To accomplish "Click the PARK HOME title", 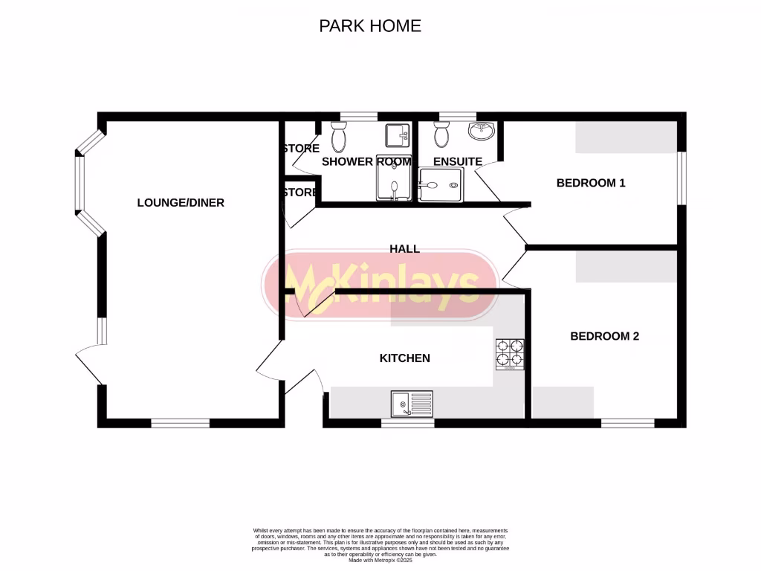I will (x=370, y=26).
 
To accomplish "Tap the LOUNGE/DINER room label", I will (x=181, y=202).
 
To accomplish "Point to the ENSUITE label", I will (x=458, y=161).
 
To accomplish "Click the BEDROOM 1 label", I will (x=591, y=183).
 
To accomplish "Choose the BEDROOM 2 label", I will (x=604, y=336).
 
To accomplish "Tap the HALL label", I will (x=405, y=249).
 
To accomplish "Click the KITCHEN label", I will (x=405, y=358).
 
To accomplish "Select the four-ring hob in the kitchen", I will (x=510, y=355).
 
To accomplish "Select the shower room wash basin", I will (x=396, y=135).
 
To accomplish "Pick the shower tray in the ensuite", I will (x=443, y=184).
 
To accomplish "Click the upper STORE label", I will (x=301, y=149).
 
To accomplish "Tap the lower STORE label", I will (x=301, y=193).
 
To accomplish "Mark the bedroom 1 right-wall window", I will (x=681, y=177).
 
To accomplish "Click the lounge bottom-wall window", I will (x=181, y=423).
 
